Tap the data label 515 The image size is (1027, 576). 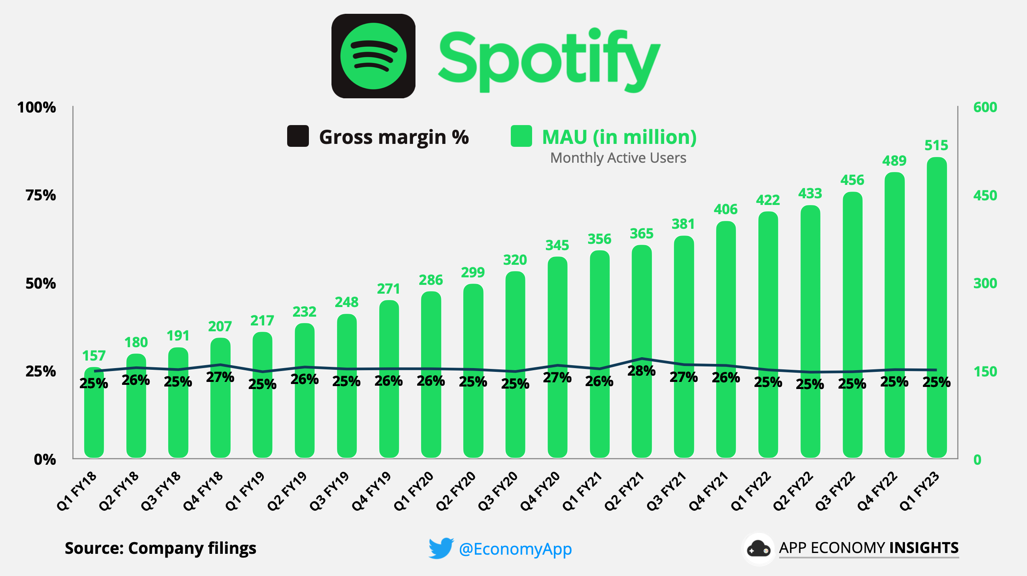(x=936, y=146)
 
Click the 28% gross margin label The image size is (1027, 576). (x=641, y=371)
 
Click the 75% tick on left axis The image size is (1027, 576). (x=41, y=195)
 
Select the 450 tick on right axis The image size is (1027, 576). (x=985, y=195)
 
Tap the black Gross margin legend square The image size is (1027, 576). (x=298, y=136)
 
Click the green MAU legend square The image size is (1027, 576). (x=521, y=136)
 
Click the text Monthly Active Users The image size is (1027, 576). (x=618, y=158)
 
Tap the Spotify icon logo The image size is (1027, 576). (x=373, y=56)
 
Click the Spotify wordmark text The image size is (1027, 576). (x=548, y=61)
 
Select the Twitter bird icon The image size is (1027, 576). (x=441, y=548)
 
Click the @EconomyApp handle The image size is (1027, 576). (x=515, y=549)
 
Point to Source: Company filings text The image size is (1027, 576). (x=161, y=548)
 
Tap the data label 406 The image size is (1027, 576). (x=726, y=209)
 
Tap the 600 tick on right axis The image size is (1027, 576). (x=985, y=108)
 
